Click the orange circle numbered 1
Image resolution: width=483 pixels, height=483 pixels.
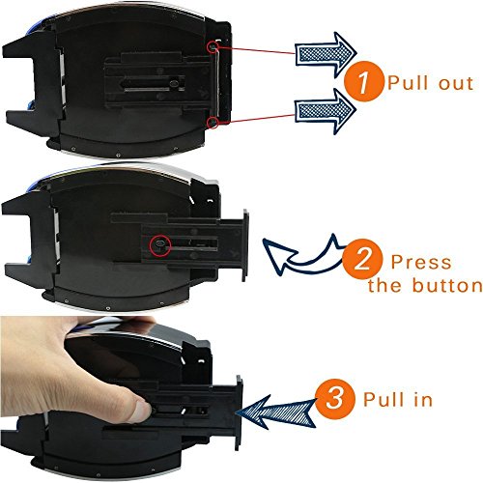tap(364, 81)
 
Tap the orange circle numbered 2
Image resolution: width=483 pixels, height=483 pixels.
tap(362, 259)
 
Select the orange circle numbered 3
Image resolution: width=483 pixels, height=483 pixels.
tap(335, 399)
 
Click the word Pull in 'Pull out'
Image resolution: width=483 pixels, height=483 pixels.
tap(409, 82)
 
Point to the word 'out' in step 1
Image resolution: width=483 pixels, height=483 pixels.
tap(456, 83)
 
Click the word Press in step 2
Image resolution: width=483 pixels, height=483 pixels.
tap(421, 262)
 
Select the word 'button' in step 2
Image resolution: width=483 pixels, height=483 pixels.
tap(447, 285)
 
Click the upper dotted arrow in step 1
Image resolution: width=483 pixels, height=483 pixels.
tap(326, 52)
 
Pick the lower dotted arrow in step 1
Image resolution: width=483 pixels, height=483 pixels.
tap(326, 111)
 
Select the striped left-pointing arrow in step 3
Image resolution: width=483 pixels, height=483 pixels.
tap(276, 412)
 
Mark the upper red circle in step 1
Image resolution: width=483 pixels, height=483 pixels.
tap(213, 47)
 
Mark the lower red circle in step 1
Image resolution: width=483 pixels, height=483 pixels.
tap(213, 123)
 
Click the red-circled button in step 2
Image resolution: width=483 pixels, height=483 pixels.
tap(160, 245)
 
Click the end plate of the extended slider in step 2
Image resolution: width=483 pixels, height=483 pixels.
tap(245, 245)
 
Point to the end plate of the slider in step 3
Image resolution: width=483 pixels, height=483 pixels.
tap(239, 412)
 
